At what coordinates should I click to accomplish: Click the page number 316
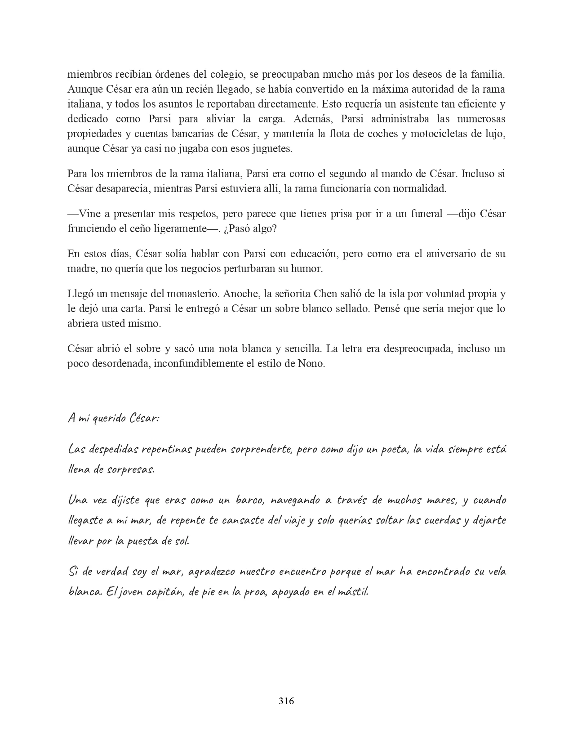(x=286, y=701)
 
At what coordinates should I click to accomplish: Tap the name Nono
(x=311, y=363)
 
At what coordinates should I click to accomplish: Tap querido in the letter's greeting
(x=108, y=418)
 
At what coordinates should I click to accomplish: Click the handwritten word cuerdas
(x=434, y=520)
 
